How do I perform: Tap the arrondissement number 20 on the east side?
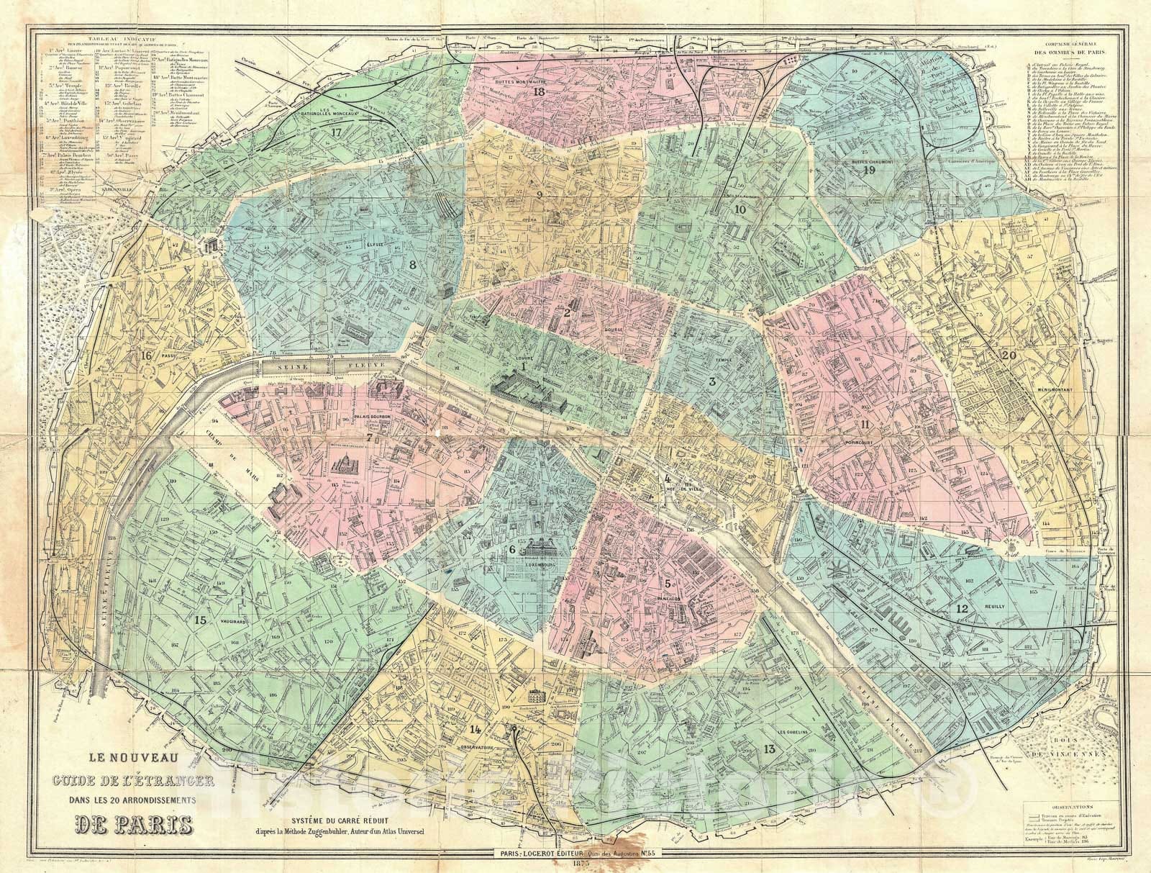1009,355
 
